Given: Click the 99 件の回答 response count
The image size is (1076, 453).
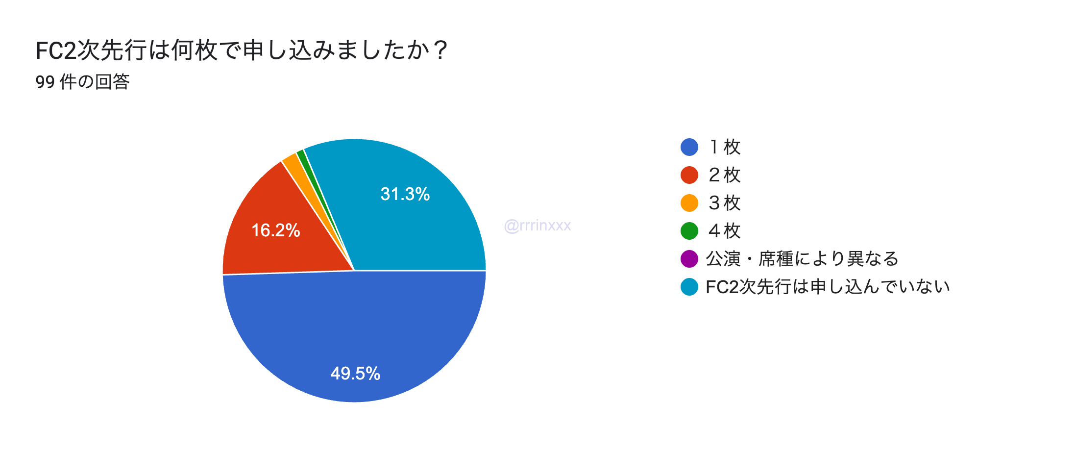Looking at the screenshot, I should tap(82, 82).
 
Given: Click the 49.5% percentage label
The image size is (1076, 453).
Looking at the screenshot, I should tap(355, 374).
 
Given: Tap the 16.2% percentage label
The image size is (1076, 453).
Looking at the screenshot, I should tap(275, 230).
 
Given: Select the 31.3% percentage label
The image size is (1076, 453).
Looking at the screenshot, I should tap(405, 194).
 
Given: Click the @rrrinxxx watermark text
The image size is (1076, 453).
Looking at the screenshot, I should tap(538, 226).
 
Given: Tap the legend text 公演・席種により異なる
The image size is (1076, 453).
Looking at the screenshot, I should tap(802, 259).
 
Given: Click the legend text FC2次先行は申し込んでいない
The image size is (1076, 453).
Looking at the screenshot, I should tap(828, 287).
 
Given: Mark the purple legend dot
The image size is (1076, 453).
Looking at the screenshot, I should tap(689, 259).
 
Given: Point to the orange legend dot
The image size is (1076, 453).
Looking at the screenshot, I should tap(689, 203).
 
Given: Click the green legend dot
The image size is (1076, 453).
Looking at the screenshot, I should tap(689, 231).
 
